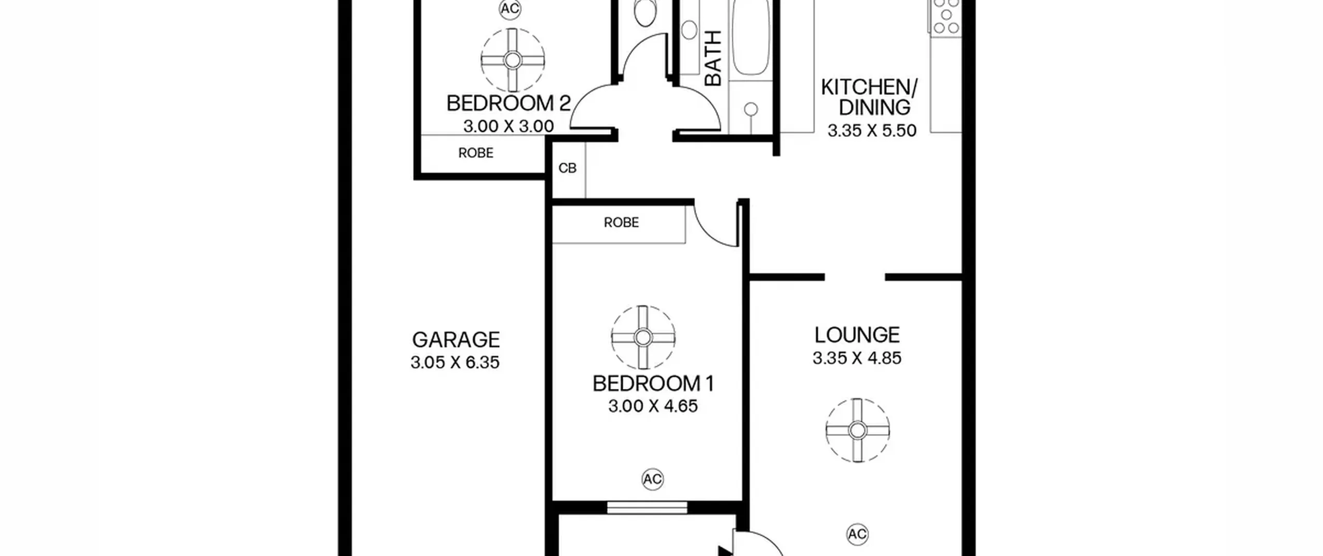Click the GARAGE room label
pyautogui.click(x=456, y=340)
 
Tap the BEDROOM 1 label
pyautogui.click(x=653, y=384)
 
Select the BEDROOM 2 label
pyautogui.click(x=509, y=103)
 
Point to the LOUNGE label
pyautogui.click(x=857, y=335)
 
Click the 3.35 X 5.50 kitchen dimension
pyautogui.click(x=872, y=130)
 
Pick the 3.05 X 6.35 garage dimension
pyautogui.click(x=455, y=362)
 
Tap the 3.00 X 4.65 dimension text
pyautogui.click(x=653, y=406)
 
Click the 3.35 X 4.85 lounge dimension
pyautogui.click(x=857, y=358)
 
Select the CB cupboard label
pyautogui.click(x=567, y=168)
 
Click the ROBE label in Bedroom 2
pyautogui.click(x=476, y=153)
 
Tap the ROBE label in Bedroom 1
pyautogui.click(x=621, y=222)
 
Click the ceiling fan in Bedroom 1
pyautogui.click(x=643, y=337)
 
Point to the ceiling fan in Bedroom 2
pyautogui.click(x=513, y=61)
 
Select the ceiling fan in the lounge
pyautogui.click(x=858, y=430)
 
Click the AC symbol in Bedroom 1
pyautogui.click(x=652, y=479)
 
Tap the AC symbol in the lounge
pyautogui.click(x=857, y=534)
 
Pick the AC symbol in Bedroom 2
pyautogui.click(x=510, y=9)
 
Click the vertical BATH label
pyautogui.click(x=713, y=58)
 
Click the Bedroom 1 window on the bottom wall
pyautogui.click(x=647, y=507)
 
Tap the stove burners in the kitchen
pyautogui.click(x=946, y=17)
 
